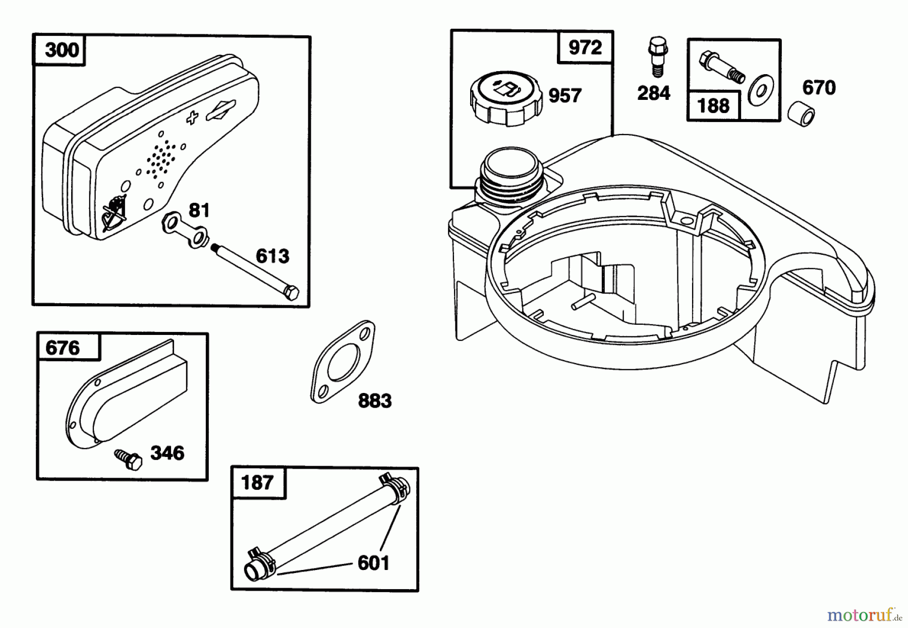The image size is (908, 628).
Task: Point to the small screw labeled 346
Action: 128,460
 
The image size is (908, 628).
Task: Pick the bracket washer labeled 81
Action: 186,230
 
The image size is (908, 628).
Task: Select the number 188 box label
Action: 712,106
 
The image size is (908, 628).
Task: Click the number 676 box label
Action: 63,348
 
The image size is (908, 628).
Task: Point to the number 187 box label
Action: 257,483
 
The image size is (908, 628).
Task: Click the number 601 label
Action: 373,563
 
